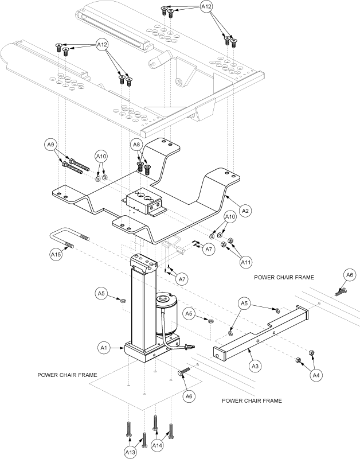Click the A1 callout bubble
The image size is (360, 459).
click(104, 348)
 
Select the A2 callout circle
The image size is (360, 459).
click(245, 211)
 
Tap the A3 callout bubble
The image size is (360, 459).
click(255, 366)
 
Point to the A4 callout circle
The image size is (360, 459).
click(316, 375)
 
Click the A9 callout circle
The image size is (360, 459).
click(50, 145)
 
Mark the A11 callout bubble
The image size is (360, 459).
click(246, 262)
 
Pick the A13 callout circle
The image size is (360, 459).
click(130, 452)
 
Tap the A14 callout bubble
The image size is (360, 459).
click(157, 445)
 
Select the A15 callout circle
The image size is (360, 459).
click(56, 254)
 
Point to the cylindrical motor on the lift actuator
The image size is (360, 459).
click(166, 314)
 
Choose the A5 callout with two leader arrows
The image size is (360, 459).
click(244, 304)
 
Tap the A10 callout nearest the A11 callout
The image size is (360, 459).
click(230, 217)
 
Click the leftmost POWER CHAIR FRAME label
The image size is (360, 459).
click(67, 375)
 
